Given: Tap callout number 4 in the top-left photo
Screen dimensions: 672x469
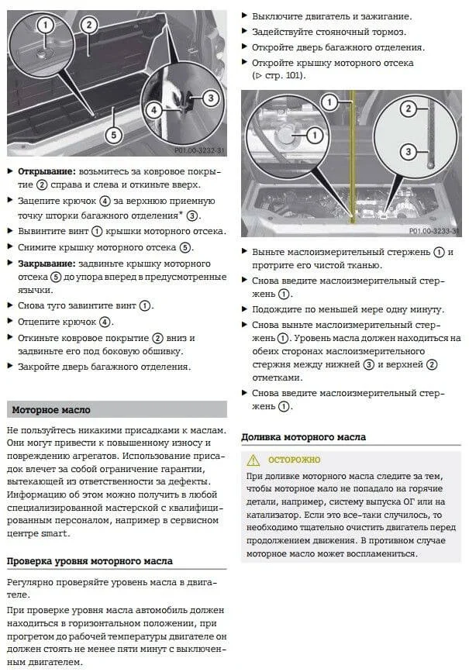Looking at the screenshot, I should pos(155,109).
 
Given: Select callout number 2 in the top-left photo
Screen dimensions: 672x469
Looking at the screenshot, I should pos(89,24).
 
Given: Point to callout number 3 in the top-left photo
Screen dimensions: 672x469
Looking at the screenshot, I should pos(209,98).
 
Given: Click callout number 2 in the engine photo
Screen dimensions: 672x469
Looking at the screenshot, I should pos(406,109).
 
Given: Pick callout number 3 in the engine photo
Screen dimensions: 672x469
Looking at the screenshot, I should pos(406,150).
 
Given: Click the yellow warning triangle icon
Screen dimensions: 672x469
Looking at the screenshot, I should pos(252,459).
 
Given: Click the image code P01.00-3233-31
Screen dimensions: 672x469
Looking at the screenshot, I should pos(433,232).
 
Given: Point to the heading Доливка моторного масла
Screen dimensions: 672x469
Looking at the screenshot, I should pos(303,437).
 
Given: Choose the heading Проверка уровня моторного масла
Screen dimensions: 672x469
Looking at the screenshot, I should pos(89,560).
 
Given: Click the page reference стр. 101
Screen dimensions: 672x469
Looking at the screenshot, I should pos(282,76).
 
